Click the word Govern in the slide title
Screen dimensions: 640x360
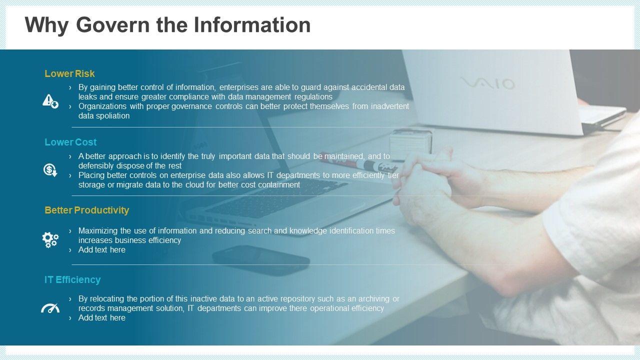click(x=113, y=25)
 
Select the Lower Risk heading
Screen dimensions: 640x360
click(x=69, y=73)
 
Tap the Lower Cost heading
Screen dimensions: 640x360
click(x=70, y=142)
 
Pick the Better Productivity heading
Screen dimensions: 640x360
click(x=87, y=210)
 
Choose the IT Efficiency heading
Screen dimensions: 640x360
click(x=72, y=279)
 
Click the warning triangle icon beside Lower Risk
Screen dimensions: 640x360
click(x=50, y=101)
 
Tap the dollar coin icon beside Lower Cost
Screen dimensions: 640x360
click(x=50, y=170)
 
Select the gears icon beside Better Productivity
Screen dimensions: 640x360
click(x=50, y=239)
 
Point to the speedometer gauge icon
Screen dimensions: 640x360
click(x=50, y=308)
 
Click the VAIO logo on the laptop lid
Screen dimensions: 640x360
click(x=487, y=83)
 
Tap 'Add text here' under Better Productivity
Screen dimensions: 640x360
click(x=101, y=249)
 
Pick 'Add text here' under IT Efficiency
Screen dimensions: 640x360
click(x=101, y=317)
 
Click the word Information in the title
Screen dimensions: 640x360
click(x=252, y=25)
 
